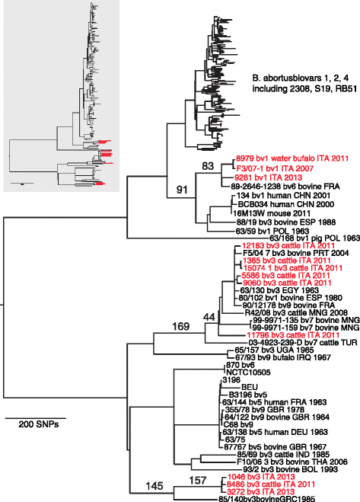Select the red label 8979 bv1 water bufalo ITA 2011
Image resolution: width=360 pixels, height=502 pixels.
284,160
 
